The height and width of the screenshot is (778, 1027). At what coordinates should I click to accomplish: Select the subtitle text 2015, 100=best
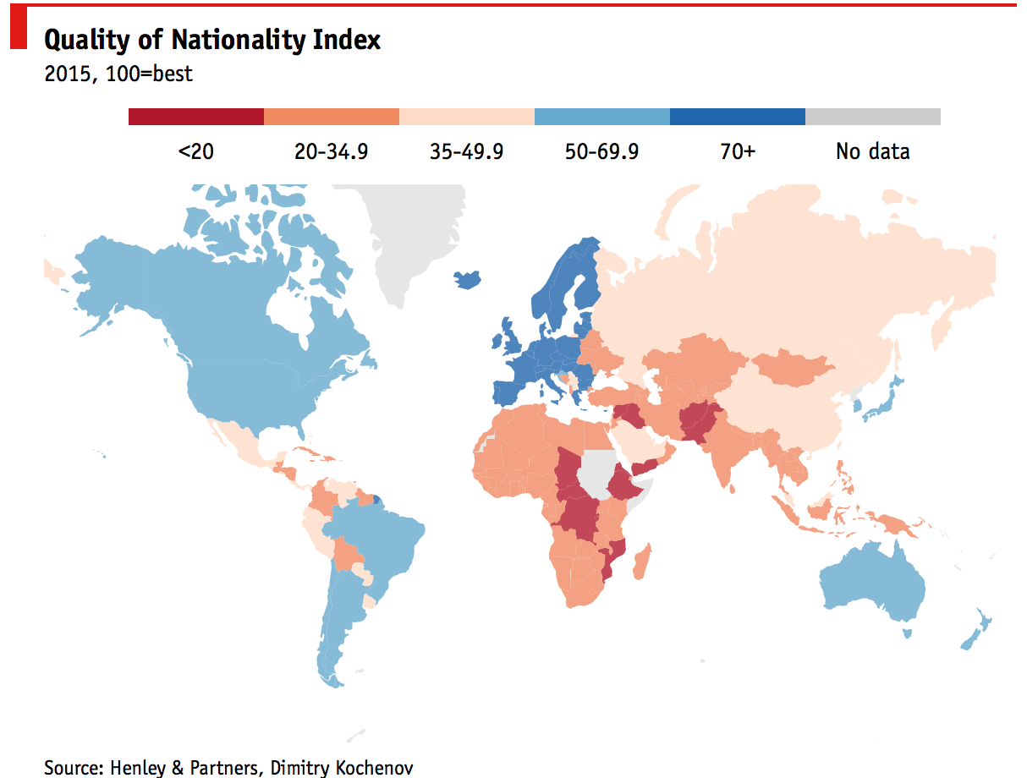118,74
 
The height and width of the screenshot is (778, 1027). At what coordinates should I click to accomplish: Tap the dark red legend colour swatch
196,117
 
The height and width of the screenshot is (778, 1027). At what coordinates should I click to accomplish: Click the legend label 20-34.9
331,151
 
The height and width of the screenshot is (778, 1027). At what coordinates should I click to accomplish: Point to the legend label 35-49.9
466,151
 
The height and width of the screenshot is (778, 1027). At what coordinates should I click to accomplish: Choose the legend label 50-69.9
601,151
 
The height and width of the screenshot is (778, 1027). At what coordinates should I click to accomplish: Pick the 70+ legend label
738,151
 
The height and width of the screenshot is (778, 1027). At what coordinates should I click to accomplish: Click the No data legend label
872,151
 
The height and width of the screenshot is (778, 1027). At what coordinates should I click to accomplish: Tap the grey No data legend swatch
872,117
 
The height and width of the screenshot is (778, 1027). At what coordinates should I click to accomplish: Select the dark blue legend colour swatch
737,117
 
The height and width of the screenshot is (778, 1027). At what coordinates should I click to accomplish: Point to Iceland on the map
468,279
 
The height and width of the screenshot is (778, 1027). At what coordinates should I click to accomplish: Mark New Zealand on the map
977,630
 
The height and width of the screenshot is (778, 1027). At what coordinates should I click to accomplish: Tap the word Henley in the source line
140,768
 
